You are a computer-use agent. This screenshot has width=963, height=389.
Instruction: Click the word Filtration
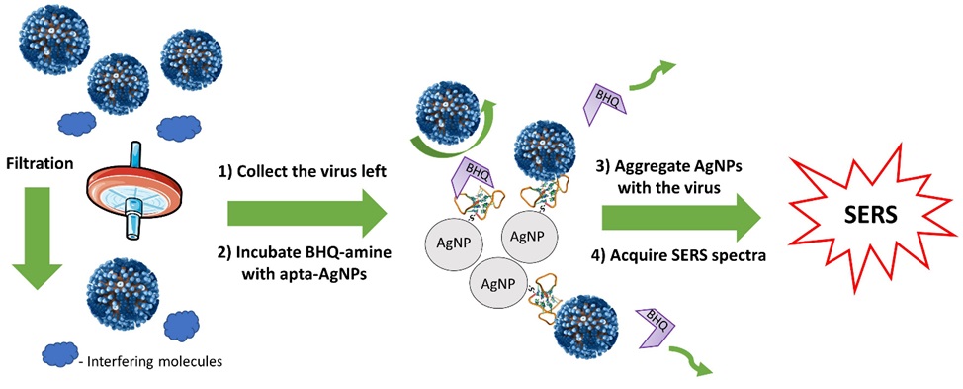coord(39,164)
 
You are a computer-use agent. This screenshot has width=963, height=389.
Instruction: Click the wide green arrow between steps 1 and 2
coord(306,213)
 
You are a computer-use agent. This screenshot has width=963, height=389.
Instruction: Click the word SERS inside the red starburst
coord(862,215)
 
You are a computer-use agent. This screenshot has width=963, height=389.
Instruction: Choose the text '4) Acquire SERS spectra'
coord(688,257)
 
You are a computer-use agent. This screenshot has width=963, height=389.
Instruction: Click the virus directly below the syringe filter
coord(123,294)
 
